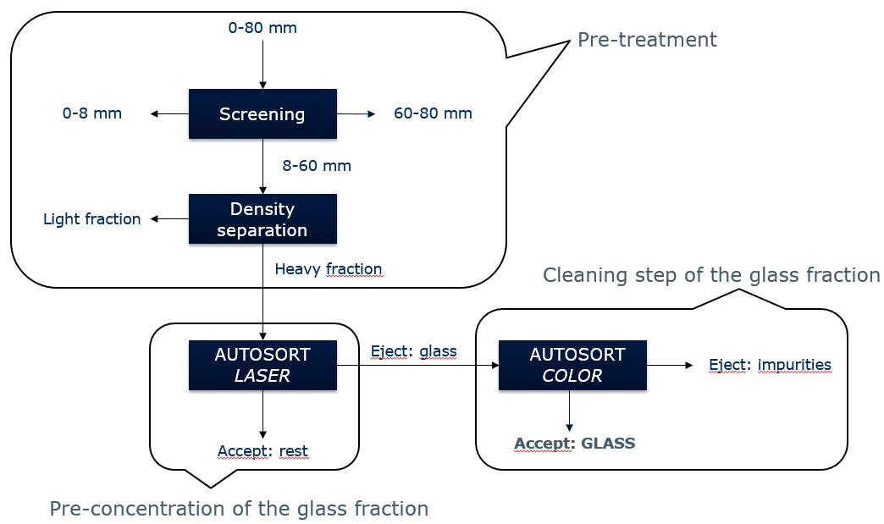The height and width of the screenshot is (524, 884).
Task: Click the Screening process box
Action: pos(262,113)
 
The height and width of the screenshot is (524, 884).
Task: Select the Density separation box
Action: pos(262,218)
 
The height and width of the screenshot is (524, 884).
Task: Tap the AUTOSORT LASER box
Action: pos(262,365)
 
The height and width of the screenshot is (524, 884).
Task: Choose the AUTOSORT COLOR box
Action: pos(572,365)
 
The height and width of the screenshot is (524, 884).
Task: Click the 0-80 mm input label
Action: pos(262,28)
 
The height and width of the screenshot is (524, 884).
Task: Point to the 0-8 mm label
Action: pos(92,113)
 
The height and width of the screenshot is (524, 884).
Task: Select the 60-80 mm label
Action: pos(433,113)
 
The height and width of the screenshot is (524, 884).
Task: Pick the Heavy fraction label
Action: pos(329,269)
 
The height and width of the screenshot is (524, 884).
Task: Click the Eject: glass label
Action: pos(413,351)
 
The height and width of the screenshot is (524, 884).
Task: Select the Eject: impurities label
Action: pos(770,365)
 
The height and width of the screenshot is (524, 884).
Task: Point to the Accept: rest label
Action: pos(262,451)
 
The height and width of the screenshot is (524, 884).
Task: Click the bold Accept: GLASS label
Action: pos(574,444)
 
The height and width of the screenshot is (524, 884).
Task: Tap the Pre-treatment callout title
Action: pos(647,40)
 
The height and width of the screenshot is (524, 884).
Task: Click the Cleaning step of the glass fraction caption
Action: pos(711,275)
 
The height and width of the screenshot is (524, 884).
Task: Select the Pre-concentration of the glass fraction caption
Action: pos(239,509)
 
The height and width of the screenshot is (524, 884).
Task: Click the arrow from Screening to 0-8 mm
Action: pos(169,113)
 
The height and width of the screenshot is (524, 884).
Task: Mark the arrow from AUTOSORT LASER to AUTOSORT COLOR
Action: pos(417,366)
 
